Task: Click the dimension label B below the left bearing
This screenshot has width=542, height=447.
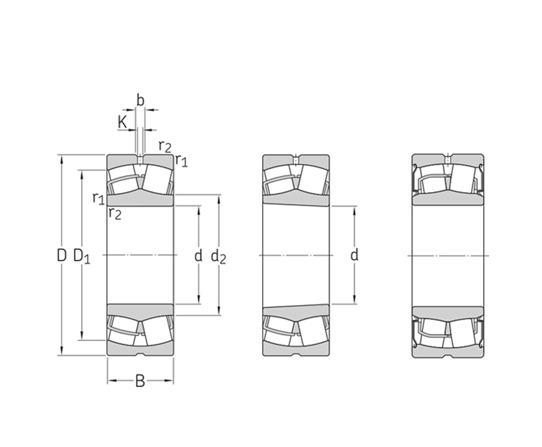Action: pos(140,381)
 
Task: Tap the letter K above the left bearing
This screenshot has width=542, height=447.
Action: pos(122,122)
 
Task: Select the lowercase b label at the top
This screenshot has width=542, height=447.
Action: pos(140,100)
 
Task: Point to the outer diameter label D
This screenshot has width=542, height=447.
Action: pos(62,255)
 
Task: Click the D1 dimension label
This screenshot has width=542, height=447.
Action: pos(82,256)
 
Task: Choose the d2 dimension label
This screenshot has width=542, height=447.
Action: pos(218,257)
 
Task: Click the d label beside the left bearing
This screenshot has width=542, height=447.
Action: pos(198,256)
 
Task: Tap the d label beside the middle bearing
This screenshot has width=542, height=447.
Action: pos(354,255)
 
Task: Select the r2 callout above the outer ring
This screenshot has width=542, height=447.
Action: pos(165,146)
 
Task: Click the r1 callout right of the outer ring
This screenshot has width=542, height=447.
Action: pos(181,160)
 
